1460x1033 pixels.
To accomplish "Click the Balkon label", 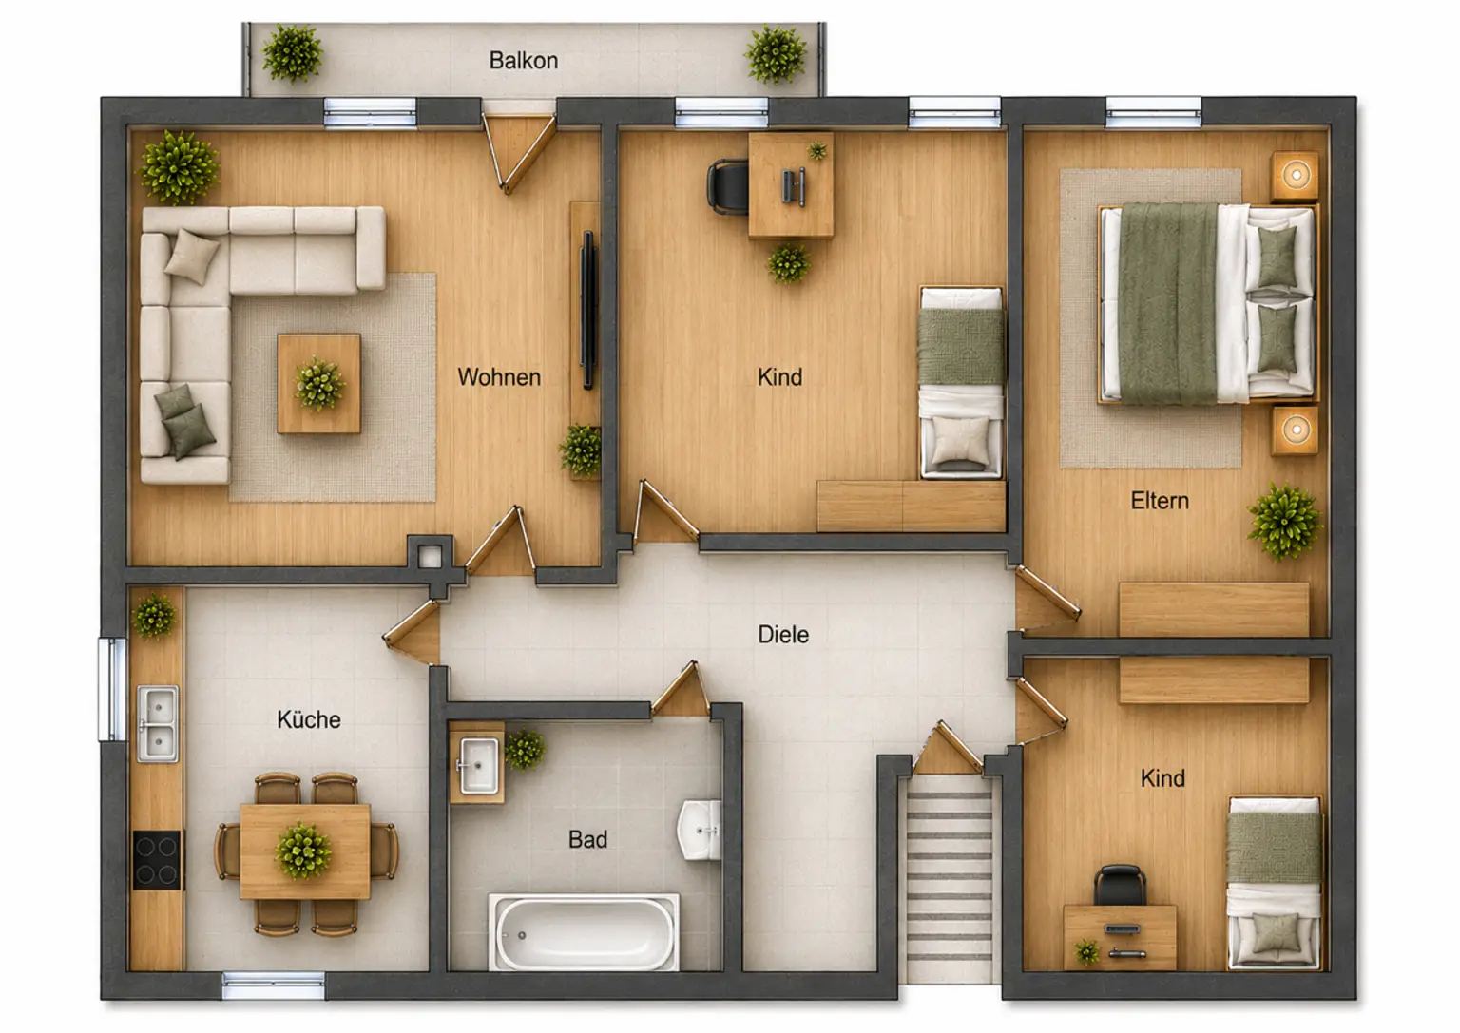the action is pos(524,61).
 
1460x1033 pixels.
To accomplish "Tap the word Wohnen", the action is pos(499,377).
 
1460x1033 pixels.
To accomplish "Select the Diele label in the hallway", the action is pos(783,635).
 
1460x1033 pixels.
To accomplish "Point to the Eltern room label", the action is pos(1160,501).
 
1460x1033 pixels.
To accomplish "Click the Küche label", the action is pos(309,719).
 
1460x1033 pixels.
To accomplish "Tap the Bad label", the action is pos(588,839).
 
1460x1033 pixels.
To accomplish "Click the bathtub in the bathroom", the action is pos(585,932).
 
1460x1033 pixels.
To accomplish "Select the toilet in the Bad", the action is pos(700,831).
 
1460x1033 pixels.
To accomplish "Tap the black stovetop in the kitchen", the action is pos(158,859).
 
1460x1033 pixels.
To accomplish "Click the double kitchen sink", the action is pos(157,723).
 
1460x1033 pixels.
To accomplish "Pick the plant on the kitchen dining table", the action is pos(303,850).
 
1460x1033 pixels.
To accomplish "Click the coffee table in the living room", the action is pos(318,383).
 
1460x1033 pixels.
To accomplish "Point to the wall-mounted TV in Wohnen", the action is pos(588,310).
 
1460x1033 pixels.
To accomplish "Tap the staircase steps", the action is pos(949,877).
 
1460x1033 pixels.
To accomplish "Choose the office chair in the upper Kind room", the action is pos(728,187).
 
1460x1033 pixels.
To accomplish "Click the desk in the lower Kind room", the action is pos(1120,937).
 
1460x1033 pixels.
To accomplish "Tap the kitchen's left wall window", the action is pos(112,690).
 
